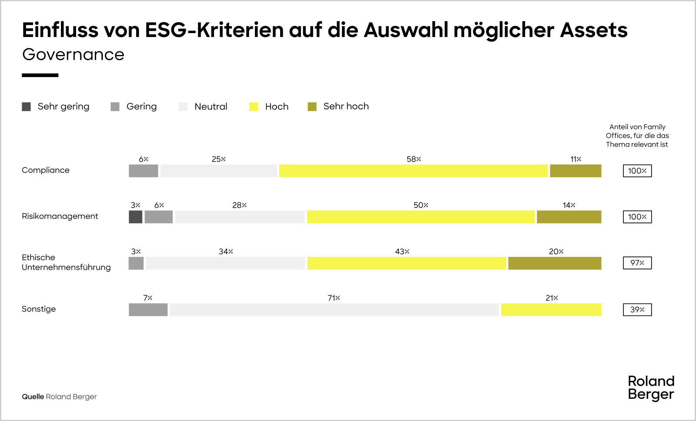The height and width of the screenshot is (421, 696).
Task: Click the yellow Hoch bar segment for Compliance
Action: click(413, 171)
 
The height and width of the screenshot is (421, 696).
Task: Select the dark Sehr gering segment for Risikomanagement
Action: click(135, 217)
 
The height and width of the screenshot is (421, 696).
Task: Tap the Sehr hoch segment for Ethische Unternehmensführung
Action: click(555, 263)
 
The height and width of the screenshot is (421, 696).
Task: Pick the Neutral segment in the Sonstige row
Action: click(334, 310)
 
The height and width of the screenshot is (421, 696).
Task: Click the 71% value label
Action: click(334, 298)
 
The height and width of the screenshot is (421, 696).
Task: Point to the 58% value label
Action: click(414, 159)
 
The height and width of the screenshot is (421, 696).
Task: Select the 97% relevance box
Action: click(637, 263)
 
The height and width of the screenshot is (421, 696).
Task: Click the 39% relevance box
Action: click(637, 310)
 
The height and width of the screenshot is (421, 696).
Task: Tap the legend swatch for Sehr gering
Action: click(27, 107)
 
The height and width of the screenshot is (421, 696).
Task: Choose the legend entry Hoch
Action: click(277, 107)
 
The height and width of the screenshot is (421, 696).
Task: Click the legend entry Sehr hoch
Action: click(346, 106)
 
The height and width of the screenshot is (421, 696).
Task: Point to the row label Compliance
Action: click(46, 170)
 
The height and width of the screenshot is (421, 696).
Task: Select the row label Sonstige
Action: click(39, 309)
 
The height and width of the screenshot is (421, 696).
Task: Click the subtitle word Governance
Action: click(73, 54)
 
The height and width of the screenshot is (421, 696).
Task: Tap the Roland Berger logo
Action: click(651, 387)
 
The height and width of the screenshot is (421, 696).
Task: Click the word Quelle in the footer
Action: click(33, 397)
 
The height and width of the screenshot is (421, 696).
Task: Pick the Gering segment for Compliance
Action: click(143, 171)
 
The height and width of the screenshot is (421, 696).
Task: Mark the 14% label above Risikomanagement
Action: click(569, 205)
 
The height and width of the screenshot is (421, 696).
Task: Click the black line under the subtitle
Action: click(40, 75)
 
